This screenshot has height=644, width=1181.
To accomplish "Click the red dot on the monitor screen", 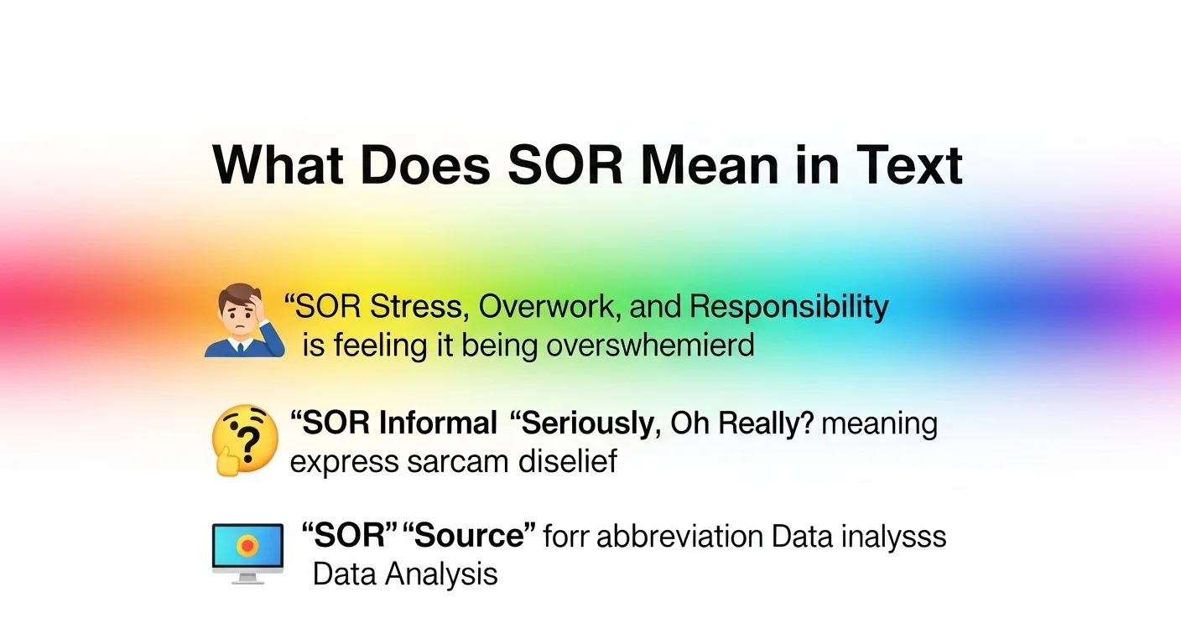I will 247,545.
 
